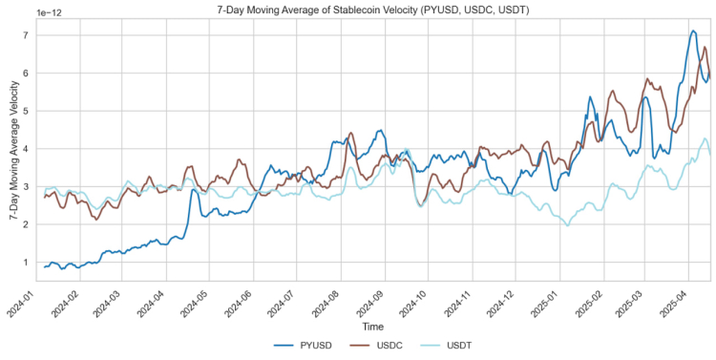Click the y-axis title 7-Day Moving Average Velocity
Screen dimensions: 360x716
pos(11,151)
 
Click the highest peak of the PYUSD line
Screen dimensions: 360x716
pos(693,31)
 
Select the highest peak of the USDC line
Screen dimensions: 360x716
pos(705,47)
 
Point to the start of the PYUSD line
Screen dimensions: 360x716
pos(44,266)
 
